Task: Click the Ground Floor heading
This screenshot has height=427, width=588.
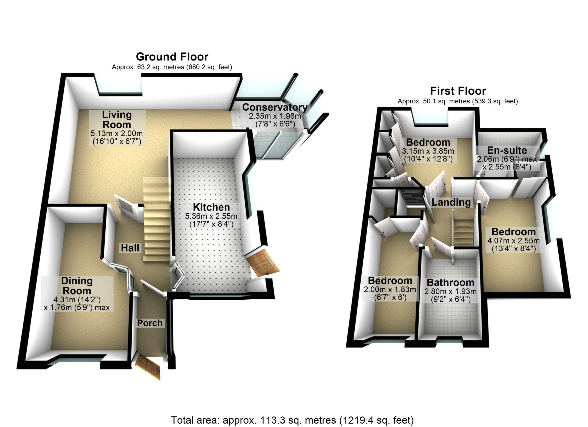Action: point(172,57)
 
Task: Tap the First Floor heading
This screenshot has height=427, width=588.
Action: point(458,91)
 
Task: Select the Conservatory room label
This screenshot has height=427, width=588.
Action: point(274,107)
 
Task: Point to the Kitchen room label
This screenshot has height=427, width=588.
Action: point(211,207)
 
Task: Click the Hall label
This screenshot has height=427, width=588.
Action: point(130,248)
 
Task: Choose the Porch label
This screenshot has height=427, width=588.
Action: point(150,323)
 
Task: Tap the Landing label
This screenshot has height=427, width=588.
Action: point(451,202)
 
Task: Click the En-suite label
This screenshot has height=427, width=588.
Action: point(507,150)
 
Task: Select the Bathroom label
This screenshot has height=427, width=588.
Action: point(450,282)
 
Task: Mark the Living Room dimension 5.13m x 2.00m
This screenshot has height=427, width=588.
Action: point(116,133)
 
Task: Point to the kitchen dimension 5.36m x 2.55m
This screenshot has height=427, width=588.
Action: point(211,216)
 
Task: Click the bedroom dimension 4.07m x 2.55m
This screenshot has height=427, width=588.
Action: point(513,241)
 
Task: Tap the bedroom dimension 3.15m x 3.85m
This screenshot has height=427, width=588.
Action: point(428,151)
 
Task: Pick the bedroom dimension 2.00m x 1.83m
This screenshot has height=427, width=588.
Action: point(390,290)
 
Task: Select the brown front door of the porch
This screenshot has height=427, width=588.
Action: point(149,367)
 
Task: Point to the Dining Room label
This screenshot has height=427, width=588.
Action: point(77,286)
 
